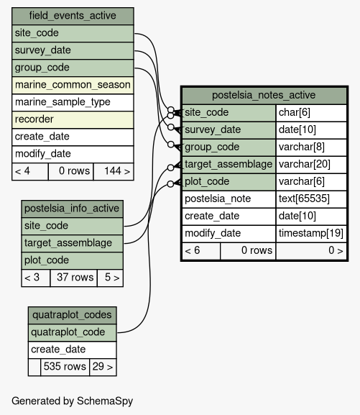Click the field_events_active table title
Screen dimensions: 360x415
pos(73,16)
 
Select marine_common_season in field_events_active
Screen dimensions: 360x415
pos(73,85)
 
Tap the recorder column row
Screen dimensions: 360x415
pos(73,119)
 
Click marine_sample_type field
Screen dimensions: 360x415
pos(73,102)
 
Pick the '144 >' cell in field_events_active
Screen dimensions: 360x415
pos(114,171)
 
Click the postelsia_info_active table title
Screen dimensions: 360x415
pos(72,209)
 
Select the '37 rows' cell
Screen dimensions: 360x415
pos(73,278)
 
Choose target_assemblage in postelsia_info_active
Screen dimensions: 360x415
pos(72,243)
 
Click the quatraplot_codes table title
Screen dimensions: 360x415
pos(72,315)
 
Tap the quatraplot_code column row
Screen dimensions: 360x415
pos(72,332)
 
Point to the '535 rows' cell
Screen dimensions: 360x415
pos(65,367)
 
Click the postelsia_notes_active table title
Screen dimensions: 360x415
pos(264,95)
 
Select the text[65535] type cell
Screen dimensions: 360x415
pos(311,199)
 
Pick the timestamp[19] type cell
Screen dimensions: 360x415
pos(311,234)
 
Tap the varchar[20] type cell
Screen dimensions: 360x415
pos(311,165)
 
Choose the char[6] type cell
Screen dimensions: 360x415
pos(311,113)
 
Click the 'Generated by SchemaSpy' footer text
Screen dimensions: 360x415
pos(72,401)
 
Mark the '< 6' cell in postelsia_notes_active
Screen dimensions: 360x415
pos(201,250)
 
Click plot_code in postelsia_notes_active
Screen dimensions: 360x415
pos(229,182)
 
